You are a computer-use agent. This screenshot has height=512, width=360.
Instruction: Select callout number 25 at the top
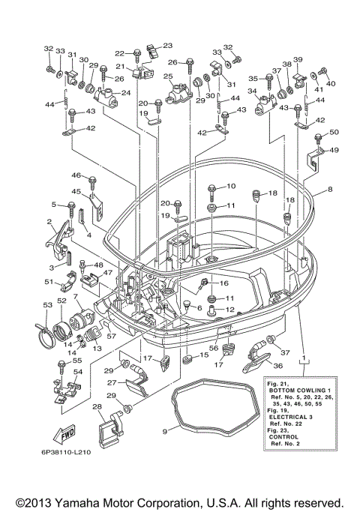pyautogui.click(x=169, y=76)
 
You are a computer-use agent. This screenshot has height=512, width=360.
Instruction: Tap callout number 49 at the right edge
pyautogui.click(x=334, y=150)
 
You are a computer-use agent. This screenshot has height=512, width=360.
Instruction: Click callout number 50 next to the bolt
pyautogui.click(x=334, y=132)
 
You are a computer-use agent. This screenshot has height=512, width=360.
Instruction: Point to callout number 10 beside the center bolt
pyautogui.click(x=231, y=185)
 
